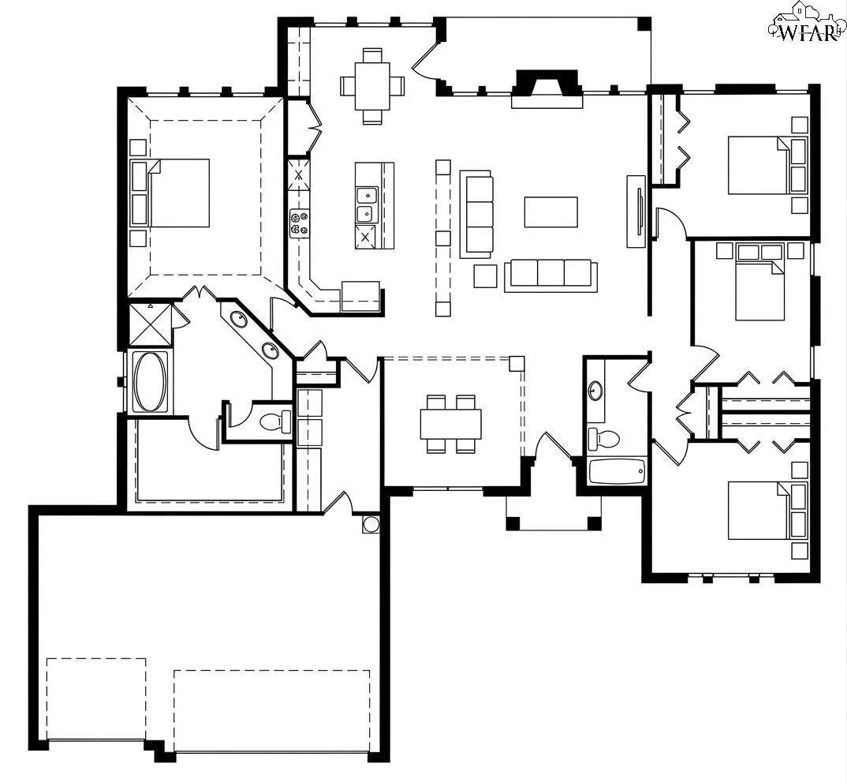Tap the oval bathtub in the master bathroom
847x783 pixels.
pyautogui.click(x=150, y=381)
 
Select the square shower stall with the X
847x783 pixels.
pyautogui.click(x=151, y=324)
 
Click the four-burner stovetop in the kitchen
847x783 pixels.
pyautogui.click(x=300, y=223)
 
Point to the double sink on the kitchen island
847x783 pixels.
pyautogui.click(x=367, y=204)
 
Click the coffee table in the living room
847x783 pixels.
pyautogui.click(x=550, y=212)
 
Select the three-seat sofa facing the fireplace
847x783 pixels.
pyautogui.click(x=551, y=275)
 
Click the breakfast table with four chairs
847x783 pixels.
pyautogui.click(x=372, y=87)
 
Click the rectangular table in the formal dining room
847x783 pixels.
pyautogui.click(x=450, y=423)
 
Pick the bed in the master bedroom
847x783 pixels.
pyautogui.click(x=179, y=193)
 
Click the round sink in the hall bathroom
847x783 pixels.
pyautogui.click(x=595, y=390)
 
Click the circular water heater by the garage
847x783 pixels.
pyautogui.click(x=371, y=525)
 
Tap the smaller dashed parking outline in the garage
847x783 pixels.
pyautogui.click(x=96, y=699)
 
